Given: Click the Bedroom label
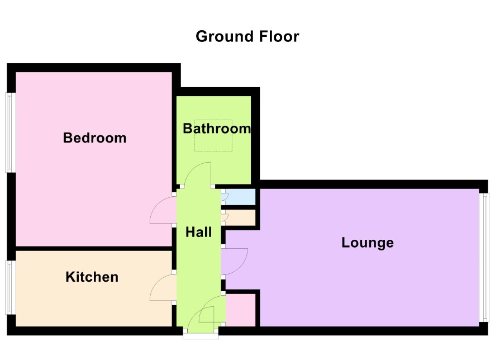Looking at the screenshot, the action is pyautogui.click(x=95, y=138).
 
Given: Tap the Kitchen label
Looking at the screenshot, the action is pyautogui.click(x=92, y=277).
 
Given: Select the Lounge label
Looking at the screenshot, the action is pyautogui.click(x=368, y=243).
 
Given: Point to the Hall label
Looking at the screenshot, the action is pyautogui.click(x=198, y=232).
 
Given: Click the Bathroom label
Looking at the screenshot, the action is pyautogui.click(x=217, y=129).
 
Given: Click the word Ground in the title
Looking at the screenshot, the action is pyautogui.click(x=225, y=36).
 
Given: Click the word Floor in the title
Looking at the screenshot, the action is pyautogui.click(x=279, y=36).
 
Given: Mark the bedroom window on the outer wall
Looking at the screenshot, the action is pyautogui.click(x=11, y=132).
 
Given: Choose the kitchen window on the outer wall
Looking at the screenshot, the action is pyautogui.click(x=11, y=287).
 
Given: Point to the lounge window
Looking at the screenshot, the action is pyautogui.click(x=484, y=258).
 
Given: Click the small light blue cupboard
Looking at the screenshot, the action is pyautogui.click(x=240, y=197).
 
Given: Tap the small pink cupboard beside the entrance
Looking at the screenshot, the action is pyautogui.click(x=241, y=310).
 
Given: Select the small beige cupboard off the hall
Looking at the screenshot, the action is pyautogui.click(x=240, y=218).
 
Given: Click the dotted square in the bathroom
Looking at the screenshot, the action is pyautogui.click(x=213, y=135).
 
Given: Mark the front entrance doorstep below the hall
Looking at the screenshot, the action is pyautogui.click(x=201, y=337).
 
